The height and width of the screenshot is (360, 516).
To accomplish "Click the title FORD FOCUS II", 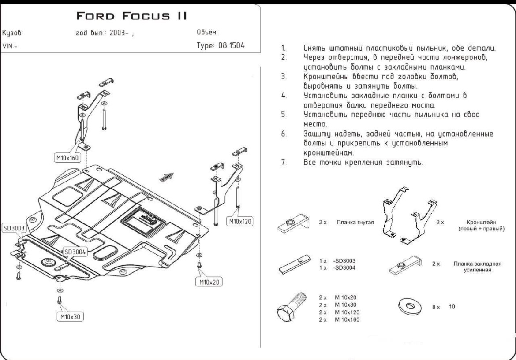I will [x=132, y=16].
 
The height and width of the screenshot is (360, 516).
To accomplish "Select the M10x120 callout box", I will [x=240, y=222].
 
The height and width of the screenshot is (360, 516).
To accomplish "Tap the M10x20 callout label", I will [x=209, y=282].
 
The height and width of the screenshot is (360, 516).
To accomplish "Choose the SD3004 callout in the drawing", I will [x=75, y=252].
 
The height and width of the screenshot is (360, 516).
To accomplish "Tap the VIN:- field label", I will [x=10, y=46].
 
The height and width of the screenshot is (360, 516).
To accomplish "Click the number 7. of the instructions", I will [x=284, y=162].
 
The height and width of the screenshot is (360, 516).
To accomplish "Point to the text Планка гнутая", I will [x=355, y=223].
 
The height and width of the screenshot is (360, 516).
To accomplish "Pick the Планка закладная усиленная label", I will [x=477, y=267].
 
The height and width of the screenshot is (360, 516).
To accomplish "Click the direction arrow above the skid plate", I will [x=166, y=177].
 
